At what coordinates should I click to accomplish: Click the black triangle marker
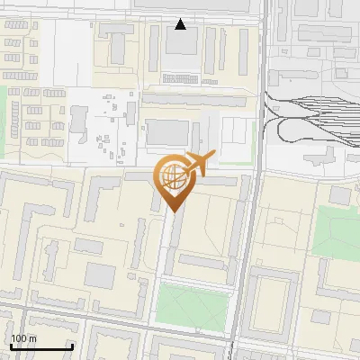click(181, 24)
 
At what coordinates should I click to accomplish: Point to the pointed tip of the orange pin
click(173, 211)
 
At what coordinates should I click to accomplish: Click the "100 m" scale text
click(23, 338)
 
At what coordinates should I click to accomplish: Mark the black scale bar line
click(40, 346)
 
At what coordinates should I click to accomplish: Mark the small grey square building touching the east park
click(339, 195)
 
